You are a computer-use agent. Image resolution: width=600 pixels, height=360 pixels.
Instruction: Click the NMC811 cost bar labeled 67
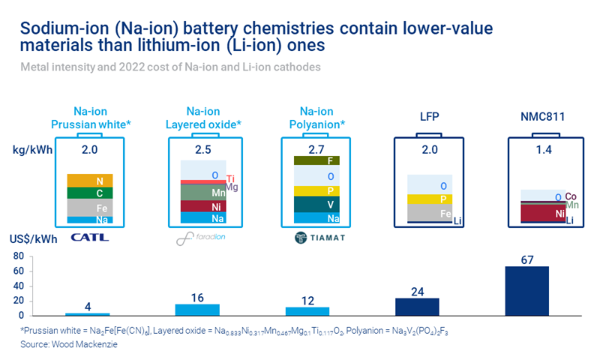tap(526, 290)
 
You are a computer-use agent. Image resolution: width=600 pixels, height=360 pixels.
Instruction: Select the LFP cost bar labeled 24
tap(417, 306)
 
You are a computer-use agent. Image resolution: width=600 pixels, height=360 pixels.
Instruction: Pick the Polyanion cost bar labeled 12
tap(307, 310)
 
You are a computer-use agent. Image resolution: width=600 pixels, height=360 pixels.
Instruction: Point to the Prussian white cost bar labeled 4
tap(87, 313)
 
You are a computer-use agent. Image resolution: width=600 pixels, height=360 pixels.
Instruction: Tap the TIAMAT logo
tap(309, 239)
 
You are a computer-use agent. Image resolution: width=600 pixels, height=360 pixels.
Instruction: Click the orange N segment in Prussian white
tap(89, 180)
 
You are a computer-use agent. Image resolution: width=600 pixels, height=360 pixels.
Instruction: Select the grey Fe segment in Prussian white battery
tap(89, 207)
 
